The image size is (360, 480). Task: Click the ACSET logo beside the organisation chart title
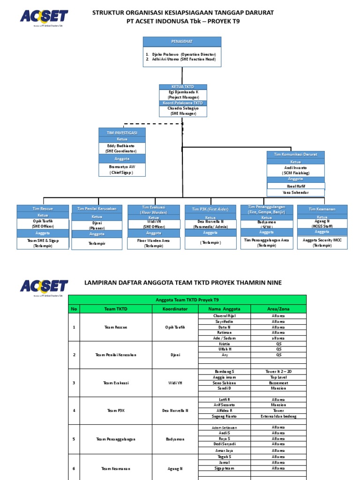[x=44, y=17]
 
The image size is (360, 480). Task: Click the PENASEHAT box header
[x=182, y=42]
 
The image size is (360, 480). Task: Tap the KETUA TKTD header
[x=183, y=87]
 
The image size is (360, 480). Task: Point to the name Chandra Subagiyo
[x=183, y=108]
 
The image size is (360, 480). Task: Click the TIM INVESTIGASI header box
[x=122, y=133]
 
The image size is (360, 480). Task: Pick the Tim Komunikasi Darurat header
[x=295, y=154]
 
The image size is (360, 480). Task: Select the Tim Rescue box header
[x=43, y=208]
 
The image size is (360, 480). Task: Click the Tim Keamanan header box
[x=322, y=209]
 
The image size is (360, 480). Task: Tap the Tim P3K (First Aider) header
[x=210, y=209]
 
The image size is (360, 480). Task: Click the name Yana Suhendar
[x=295, y=192]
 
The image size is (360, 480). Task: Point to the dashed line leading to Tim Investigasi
[x=152, y=124]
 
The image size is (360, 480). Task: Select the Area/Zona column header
[x=278, y=309]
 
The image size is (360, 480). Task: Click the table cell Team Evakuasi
[x=116, y=383]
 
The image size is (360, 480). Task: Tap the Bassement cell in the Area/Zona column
[x=278, y=383]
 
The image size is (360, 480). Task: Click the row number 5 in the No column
[x=74, y=439]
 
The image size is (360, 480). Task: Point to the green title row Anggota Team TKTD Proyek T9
[x=187, y=300]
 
